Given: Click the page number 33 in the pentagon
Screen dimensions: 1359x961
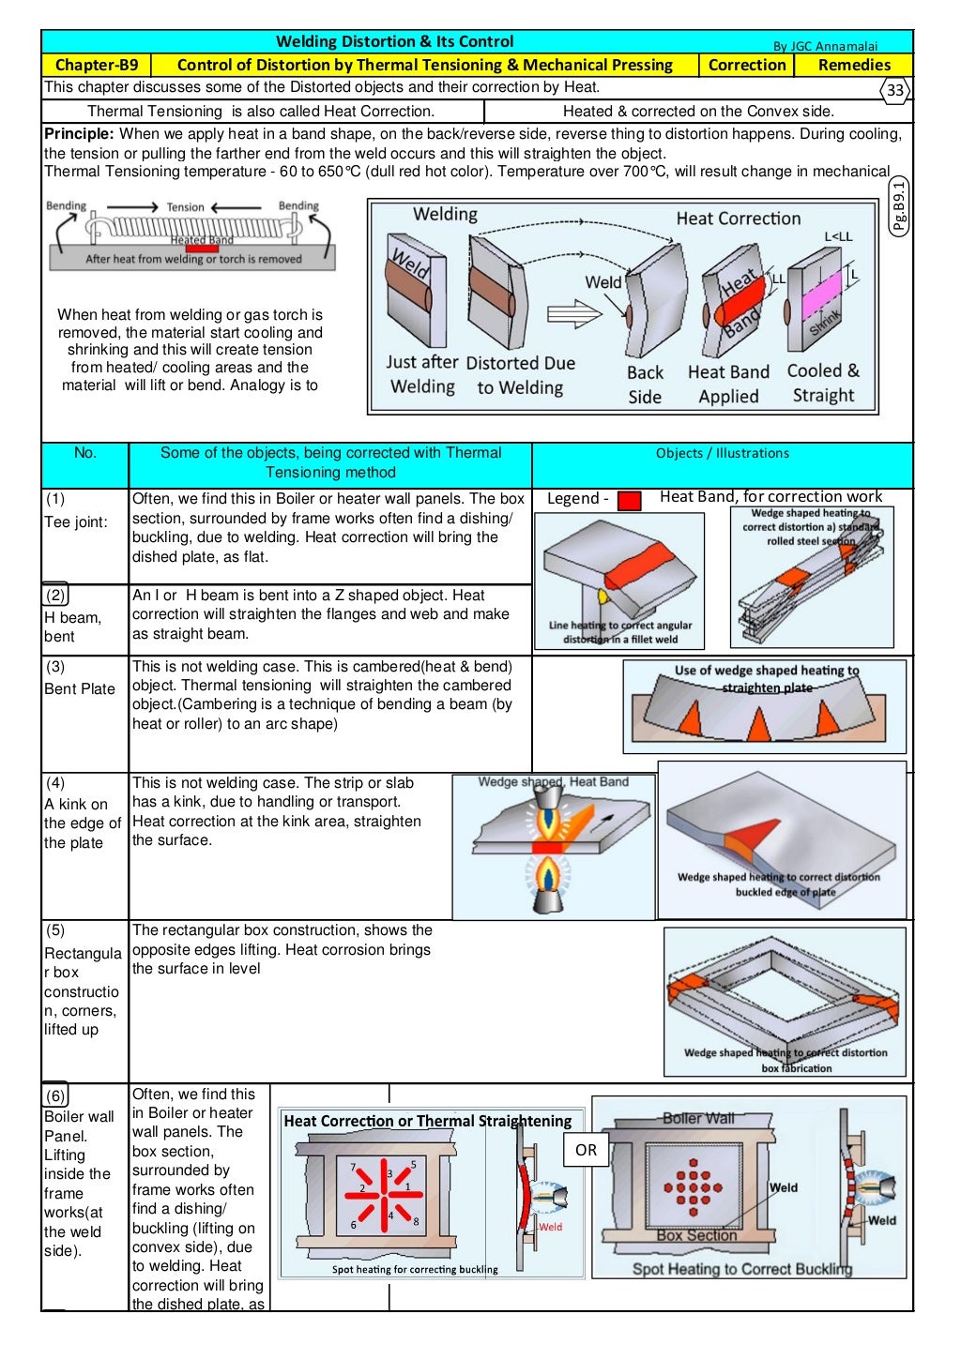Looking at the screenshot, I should point(895,90).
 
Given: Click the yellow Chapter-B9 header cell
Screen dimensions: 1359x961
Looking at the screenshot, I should point(97,65).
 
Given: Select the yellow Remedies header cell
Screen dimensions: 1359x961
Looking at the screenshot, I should point(853,65).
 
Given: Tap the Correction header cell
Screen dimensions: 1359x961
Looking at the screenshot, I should point(746,65).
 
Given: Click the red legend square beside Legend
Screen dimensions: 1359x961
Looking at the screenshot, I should point(630,501).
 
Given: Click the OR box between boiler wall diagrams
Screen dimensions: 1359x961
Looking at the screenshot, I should point(586,1150).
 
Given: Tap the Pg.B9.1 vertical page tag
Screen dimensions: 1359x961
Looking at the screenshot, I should point(899,206).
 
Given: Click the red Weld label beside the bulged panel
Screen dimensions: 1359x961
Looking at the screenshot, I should point(550,1227).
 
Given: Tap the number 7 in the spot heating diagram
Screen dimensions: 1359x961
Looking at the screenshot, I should point(353,1168).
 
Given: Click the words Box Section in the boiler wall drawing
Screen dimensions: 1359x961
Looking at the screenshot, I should point(696,1235).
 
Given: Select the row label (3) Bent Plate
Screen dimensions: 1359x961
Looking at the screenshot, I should point(80,678).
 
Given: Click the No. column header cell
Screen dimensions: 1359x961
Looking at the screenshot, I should point(84,453).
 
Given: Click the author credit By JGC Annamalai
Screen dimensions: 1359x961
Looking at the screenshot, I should point(825,46).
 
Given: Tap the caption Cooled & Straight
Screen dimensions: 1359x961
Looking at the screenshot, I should point(823,383).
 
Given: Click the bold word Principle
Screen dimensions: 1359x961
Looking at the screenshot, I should point(79,134).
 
